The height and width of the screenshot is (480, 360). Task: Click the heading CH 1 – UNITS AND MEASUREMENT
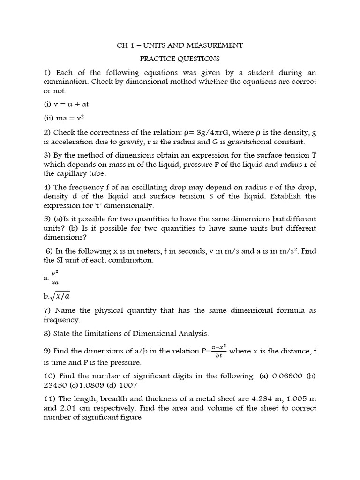click(180, 45)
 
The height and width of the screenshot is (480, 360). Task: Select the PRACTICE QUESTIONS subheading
click(180, 59)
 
